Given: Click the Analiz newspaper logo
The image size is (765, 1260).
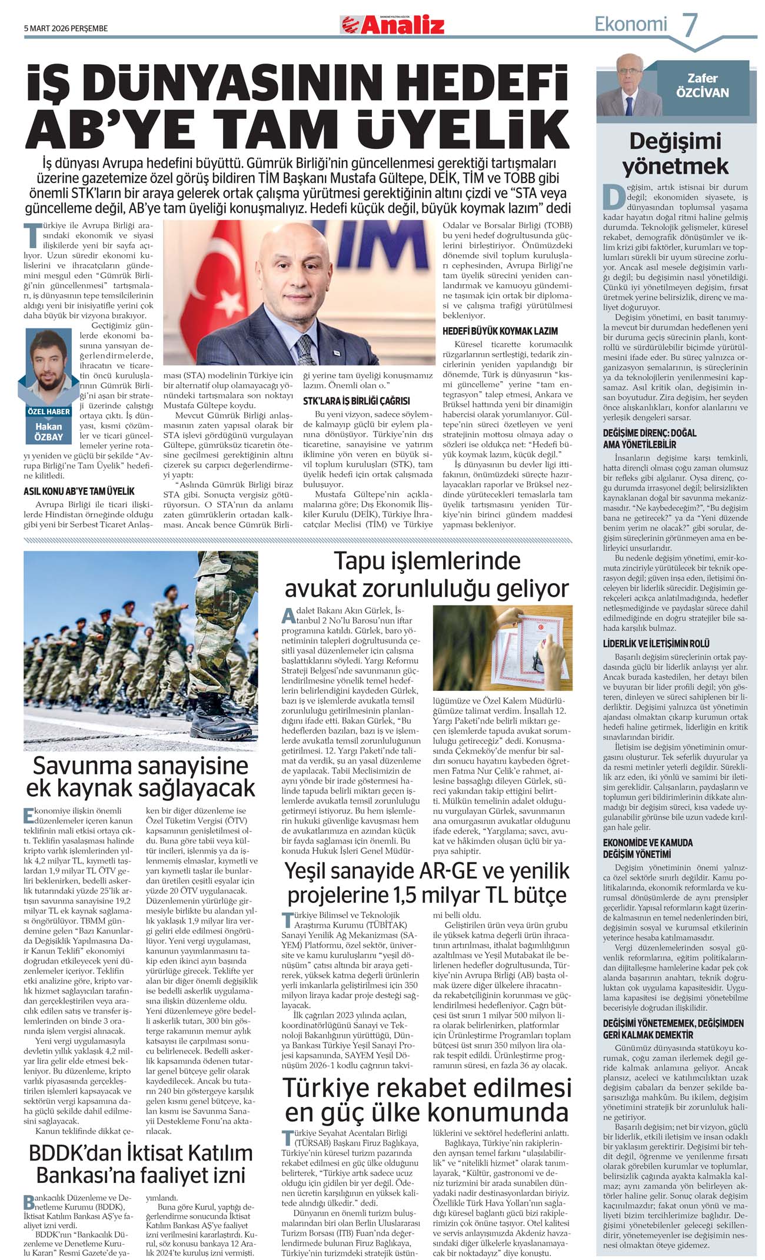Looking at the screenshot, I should [392, 25].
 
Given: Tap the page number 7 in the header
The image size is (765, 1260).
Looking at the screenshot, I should [690, 25].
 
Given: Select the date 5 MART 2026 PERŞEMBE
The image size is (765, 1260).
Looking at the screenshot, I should [66, 28].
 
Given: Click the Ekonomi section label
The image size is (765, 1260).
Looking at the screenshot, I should [631, 24].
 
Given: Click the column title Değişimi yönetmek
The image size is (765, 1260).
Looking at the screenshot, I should [675, 154].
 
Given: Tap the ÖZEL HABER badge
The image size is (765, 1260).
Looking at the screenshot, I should [49, 411].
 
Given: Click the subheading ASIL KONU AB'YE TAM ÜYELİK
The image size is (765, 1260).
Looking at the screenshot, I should [79, 491].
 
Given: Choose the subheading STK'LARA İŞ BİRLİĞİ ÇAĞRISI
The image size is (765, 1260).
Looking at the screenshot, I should [356, 401].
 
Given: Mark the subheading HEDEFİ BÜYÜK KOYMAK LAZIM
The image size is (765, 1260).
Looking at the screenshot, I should [500, 331].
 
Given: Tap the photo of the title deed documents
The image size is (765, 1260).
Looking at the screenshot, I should [502, 647].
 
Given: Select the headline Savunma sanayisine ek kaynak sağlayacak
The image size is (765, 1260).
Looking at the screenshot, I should [141, 777].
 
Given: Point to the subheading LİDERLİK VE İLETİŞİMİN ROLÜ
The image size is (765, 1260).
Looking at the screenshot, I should [656, 644].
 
